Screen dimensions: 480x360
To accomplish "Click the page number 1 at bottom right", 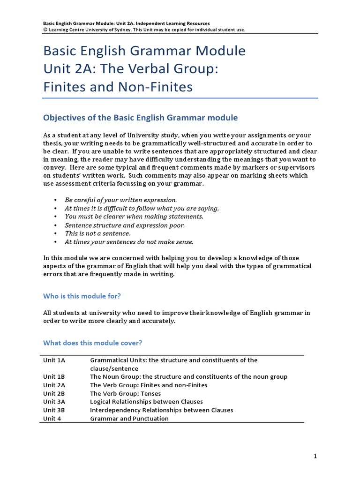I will (x=315, y=456).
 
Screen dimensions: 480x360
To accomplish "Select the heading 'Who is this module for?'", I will (x=85, y=296).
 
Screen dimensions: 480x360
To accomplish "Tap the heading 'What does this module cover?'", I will (x=92, y=343).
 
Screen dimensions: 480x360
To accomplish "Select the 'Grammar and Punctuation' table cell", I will (x=129, y=419).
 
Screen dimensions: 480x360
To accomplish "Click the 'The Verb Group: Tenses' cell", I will (x=125, y=393).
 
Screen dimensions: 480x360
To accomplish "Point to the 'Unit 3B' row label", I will (x=54, y=410).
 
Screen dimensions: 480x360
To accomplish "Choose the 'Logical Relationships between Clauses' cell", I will (x=146, y=402).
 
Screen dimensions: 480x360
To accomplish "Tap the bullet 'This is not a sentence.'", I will (x=97, y=233).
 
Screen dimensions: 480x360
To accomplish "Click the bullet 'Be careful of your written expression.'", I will (x=121, y=200).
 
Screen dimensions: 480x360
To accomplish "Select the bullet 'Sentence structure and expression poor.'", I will (x=125, y=225).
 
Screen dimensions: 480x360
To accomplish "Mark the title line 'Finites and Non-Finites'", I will (x=118, y=87).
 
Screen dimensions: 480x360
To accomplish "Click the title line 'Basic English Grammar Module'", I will (x=144, y=51).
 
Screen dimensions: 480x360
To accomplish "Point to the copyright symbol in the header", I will (x=45, y=30).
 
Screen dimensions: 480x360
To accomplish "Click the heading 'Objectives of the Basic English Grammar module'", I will (x=141, y=118).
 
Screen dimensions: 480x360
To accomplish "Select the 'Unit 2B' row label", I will (x=54, y=393).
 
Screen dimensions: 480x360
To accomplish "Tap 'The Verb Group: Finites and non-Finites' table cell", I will (x=149, y=385).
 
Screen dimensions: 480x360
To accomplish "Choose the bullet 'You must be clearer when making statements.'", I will (x=134, y=217).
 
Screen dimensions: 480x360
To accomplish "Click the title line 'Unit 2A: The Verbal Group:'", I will (x=131, y=69).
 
